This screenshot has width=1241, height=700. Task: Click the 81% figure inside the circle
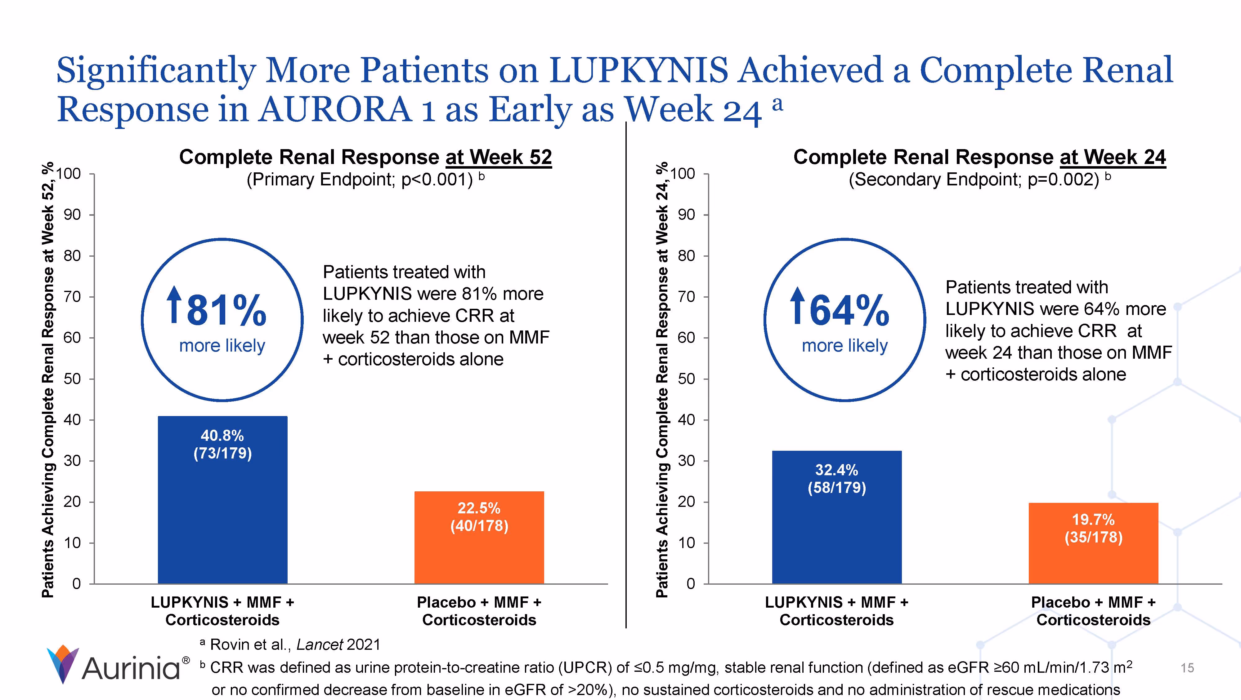(x=226, y=311)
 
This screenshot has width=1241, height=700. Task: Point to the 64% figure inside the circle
(x=849, y=311)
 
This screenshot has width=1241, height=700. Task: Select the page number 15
(x=1187, y=668)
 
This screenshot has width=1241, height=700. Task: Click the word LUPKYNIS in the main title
(x=638, y=70)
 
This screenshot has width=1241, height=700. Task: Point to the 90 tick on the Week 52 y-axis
(x=72, y=215)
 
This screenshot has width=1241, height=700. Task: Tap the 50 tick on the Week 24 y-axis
(x=687, y=379)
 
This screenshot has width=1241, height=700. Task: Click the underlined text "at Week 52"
(x=499, y=157)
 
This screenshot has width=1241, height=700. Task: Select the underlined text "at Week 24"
(x=1113, y=157)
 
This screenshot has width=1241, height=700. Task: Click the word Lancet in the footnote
(x=320, y=645)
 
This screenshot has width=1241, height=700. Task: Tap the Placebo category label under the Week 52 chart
(x=479, y=611)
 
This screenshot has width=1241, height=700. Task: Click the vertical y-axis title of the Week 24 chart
(x=662, y=380)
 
